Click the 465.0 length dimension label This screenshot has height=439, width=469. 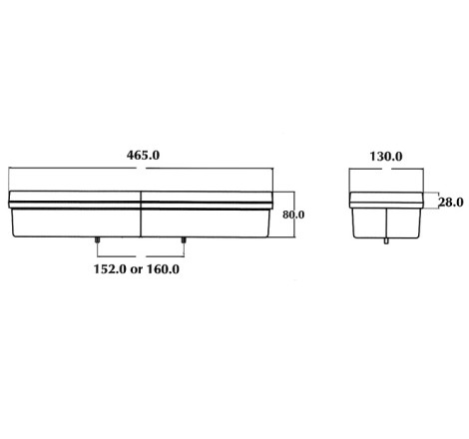pos(143,156)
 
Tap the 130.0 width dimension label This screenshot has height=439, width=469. pos(386,157)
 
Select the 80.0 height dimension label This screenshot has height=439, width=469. pos(293,215)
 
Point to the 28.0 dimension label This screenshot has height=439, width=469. pos(451,202)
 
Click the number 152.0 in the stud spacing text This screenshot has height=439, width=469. pos(110,269)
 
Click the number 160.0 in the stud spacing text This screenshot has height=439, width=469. pos(163,269)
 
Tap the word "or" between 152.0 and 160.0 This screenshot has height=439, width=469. pos(137,270)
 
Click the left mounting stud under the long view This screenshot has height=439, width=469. pos(97,240)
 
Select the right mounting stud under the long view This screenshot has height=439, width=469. pos(184,240)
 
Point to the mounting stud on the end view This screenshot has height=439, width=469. pos(386,241)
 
